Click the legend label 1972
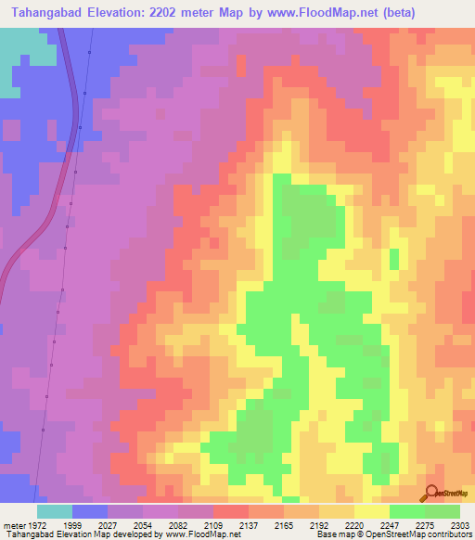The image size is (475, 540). pos(37,525)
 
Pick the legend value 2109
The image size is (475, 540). pos(212,525)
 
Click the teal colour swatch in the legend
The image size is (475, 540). pos(55,511)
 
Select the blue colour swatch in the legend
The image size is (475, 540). pos(90,511)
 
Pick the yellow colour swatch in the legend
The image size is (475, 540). pos(371,511)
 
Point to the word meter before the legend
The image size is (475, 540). pos(12,525)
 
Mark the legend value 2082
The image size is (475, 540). pos(177,525)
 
